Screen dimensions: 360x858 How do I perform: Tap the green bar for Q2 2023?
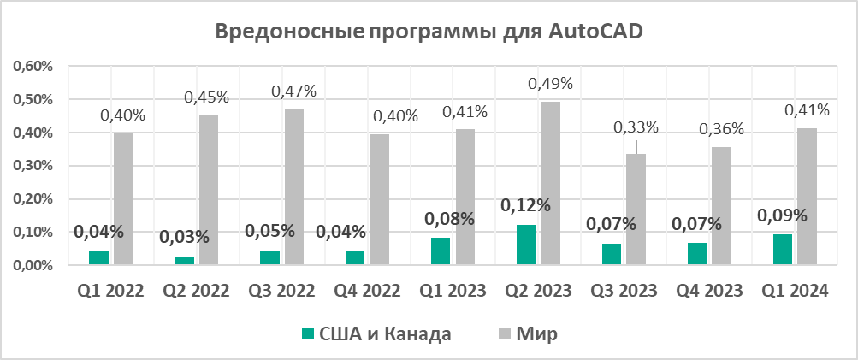(x=525, y=245)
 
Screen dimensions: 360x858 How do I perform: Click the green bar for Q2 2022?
(x=184, y=260)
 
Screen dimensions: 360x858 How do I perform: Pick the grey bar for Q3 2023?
(x=636, y=209)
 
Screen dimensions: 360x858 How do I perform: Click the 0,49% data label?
(x=550, y=84)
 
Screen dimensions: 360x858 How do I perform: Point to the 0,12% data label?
(x=525, y=206)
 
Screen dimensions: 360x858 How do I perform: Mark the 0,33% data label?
(x=636, y=127)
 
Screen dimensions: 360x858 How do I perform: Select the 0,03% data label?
(x=184, y=237)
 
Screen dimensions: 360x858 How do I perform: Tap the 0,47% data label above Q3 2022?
(x=293, y=91)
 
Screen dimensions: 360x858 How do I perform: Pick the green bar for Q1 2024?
(x=782, y=250)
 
